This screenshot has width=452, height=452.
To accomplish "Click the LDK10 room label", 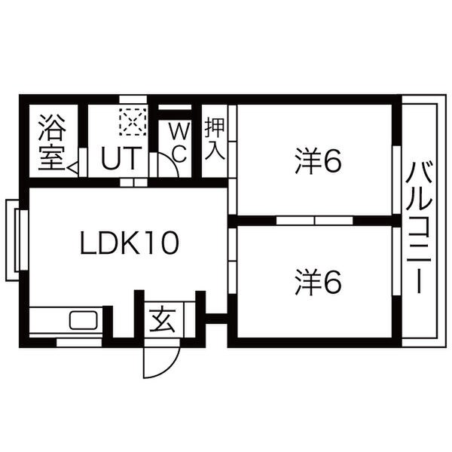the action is click(130, 243).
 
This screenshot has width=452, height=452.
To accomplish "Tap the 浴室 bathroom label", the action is click(52, 142).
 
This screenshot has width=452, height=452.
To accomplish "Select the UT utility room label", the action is click(121, 157).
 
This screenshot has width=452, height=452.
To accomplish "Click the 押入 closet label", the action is click(215, 139).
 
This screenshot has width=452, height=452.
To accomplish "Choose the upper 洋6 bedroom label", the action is click(318, 161).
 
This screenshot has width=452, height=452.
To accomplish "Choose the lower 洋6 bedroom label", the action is click(318, 282).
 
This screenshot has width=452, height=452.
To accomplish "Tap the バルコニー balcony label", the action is click(419, 228).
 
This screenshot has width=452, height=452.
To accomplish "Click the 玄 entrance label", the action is click(163, 320).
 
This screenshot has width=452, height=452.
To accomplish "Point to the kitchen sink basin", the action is click(83, 320).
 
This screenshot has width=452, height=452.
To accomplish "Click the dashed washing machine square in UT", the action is click(133, 122).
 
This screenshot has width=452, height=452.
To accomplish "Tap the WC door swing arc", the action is click(169, 165).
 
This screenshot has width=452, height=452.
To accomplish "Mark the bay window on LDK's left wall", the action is click(17, 240).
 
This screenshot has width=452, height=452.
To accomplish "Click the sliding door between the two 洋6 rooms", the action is click(314, 221).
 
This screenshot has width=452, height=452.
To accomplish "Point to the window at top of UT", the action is click(133, 99).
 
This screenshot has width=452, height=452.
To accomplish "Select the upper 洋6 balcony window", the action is click(397, 180).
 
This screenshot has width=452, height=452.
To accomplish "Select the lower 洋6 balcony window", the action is click(397, 261).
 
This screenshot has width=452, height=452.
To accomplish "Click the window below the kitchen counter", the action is click(79, 343).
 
